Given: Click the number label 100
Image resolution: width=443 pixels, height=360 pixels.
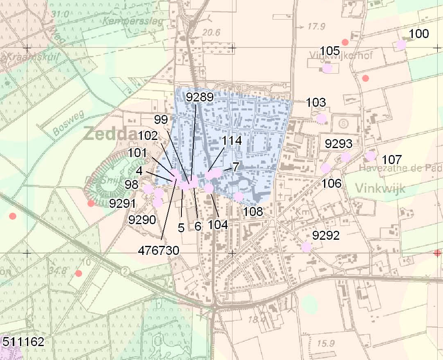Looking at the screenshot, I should coord(419,34).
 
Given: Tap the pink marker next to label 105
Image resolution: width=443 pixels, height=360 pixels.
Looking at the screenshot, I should coord(327,68).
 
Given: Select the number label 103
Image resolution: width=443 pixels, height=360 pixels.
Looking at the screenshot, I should coord(316,102).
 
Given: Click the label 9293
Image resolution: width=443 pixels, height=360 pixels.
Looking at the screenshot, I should coord(338,144).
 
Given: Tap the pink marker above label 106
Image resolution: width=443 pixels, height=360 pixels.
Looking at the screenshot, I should coord(326,168).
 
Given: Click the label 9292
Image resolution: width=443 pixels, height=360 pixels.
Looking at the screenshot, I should coord(326,235).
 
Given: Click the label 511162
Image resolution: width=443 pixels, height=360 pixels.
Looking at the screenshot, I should coord(22,342).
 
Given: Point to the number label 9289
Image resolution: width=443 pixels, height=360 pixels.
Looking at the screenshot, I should coord(199,97).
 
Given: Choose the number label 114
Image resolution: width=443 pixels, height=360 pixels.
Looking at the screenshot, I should coord(231,141).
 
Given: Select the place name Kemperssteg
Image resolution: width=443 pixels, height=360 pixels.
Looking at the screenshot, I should coord(134,21).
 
